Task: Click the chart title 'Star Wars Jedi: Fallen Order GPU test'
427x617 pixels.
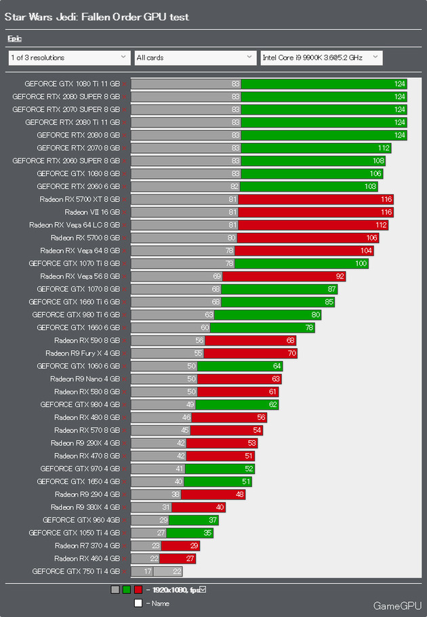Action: (x=97, y=16)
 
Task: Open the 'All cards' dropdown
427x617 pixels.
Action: (x=195, y=58)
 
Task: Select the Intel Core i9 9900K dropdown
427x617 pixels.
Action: (x=321, y=58)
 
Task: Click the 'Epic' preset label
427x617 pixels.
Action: (x=14, y=39)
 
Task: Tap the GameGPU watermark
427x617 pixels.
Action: (x=397, y=605)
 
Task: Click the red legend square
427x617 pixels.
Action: (x=138, y=590)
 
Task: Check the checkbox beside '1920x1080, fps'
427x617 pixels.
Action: (x=203, y=589)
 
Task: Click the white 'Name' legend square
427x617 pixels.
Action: (x=138, y=603)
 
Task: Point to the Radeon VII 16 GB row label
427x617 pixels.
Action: (x=92, y=212)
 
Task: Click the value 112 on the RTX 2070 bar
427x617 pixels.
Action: (x=384, y=148)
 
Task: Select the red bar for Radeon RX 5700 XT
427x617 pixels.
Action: (x=316, y=199)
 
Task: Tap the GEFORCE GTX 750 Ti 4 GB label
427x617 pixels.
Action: (x=76, y=572)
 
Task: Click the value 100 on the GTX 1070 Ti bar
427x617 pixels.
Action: (x=361, y=263)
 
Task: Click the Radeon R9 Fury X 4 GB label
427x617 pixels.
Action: (x=83, y=354)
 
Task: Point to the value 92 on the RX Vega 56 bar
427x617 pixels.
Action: (x=339, y=276)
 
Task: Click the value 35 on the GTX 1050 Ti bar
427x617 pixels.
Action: (x=188, y=533)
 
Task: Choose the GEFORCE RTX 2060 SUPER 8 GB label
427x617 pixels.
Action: (x=66, y=161)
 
